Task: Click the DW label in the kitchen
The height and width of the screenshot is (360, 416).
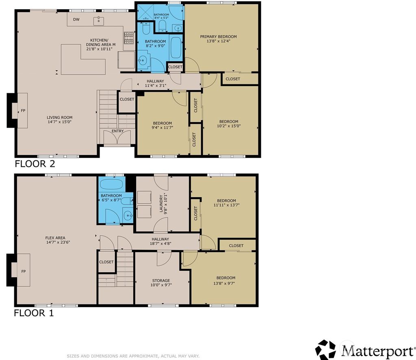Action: click(76, 19)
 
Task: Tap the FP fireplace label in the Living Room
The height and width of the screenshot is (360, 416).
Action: click(17, 110)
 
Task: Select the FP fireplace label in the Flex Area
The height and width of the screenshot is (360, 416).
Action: click(17, 271)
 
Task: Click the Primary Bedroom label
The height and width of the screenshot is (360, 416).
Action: click(218, 37)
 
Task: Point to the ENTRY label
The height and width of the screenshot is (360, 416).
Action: click(118, 131)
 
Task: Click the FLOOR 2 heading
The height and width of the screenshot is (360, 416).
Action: click(35, 164)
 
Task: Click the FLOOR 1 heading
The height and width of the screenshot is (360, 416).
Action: click(34, 313)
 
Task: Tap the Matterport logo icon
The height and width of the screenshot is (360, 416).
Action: click(326, 350)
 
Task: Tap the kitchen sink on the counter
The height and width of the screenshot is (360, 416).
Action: click(98, 21)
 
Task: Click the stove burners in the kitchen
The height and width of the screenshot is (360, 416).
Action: click(129, 38)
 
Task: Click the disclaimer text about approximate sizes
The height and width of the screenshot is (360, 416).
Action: click(133, 356)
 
